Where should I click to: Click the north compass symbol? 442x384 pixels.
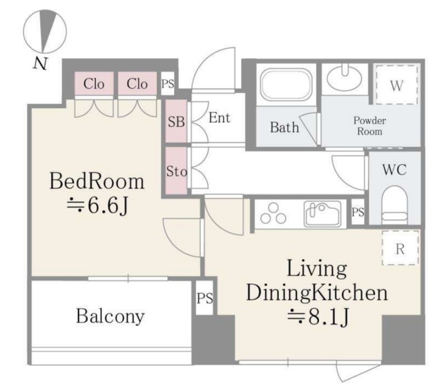44,32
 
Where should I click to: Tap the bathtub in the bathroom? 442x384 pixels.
287,84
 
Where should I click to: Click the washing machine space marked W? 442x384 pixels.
396,85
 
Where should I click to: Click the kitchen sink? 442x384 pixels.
323,214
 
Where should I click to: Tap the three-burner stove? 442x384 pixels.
273,214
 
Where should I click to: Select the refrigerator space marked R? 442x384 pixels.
401,247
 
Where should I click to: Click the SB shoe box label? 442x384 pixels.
176,121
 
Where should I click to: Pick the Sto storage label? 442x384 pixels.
177,171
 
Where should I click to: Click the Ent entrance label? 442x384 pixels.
220,118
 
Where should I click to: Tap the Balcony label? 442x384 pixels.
110,316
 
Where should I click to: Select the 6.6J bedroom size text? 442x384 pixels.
97,206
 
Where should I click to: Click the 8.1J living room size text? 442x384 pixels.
318,317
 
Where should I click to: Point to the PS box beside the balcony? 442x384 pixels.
204,298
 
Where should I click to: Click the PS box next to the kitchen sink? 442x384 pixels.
358,212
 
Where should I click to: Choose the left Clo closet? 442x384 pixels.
94,83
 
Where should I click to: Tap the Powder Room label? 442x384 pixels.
369,125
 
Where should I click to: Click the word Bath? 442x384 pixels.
285,127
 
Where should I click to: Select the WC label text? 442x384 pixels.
394,170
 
